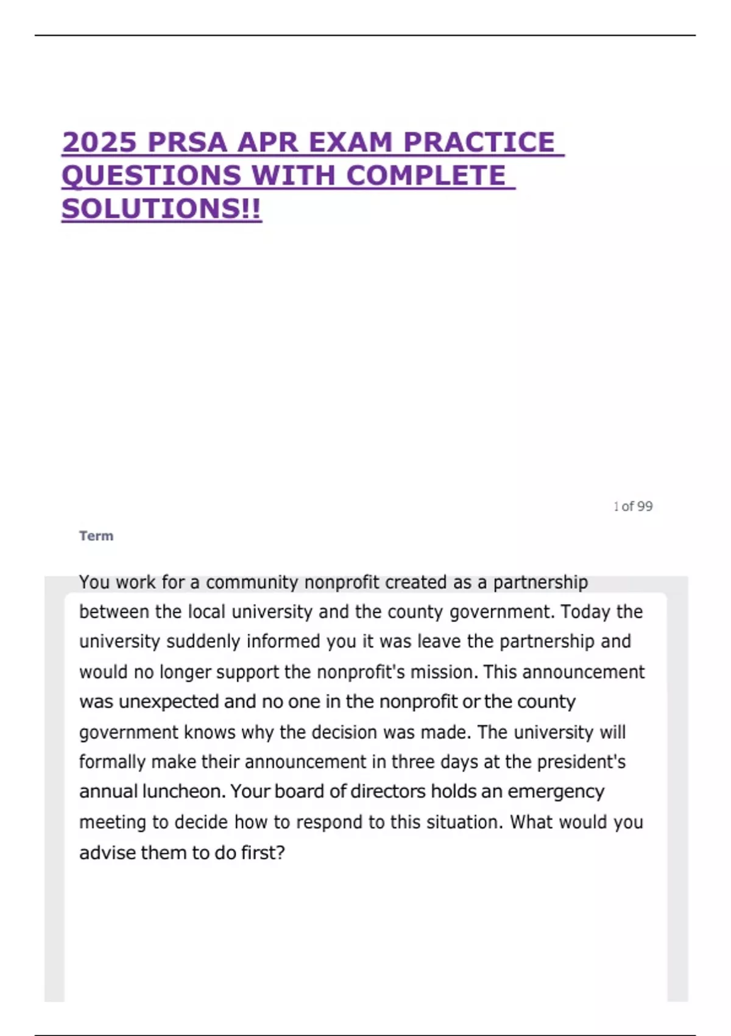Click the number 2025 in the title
(x=99, y=143)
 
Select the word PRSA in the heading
(x=187, y=143)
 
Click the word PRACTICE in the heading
(x=479, y=143)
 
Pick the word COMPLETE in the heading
(x=426, y=176)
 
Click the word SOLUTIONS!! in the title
(x=161, y=209)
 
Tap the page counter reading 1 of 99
(x=633, y=506)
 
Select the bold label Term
(x=96, y=536)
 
